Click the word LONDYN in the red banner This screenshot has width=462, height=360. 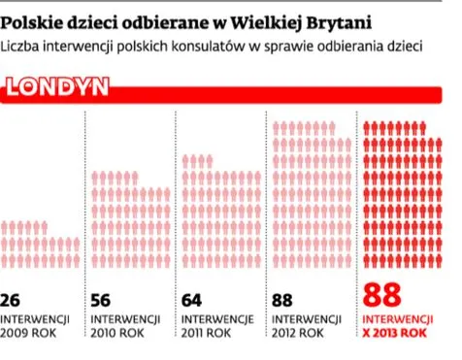[57, 89]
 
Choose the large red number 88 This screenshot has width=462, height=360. [381, 295]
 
